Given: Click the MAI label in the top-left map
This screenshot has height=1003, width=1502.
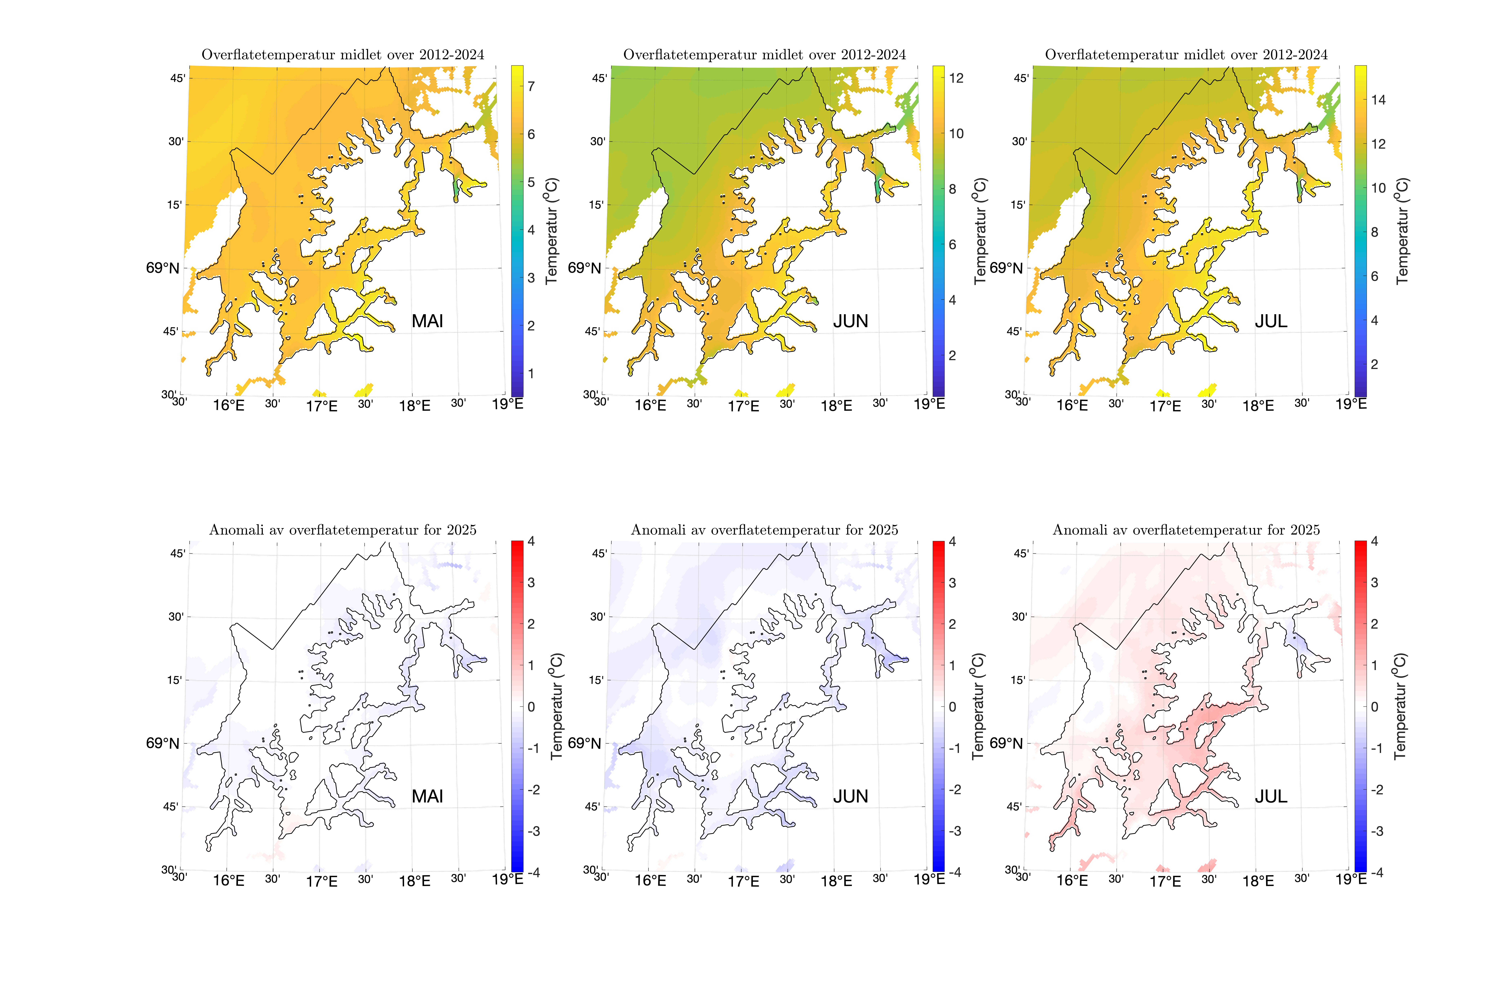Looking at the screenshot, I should point(427,321).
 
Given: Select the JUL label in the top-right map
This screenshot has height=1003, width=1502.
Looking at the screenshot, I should point(1271,321).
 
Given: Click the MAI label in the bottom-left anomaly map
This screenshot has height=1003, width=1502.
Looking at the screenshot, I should point(427,796).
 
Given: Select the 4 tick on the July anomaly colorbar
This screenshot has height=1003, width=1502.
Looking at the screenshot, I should point(1374,542).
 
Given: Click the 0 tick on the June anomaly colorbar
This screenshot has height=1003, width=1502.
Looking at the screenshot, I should point(952,707).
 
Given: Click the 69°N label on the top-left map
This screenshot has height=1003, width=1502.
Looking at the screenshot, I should point(163,268).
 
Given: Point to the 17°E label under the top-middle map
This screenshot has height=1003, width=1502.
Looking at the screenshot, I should point(743,406).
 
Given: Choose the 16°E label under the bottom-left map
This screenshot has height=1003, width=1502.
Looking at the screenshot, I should point(229,881).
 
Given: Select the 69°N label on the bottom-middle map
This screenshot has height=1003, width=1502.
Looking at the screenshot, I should point(584,743).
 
